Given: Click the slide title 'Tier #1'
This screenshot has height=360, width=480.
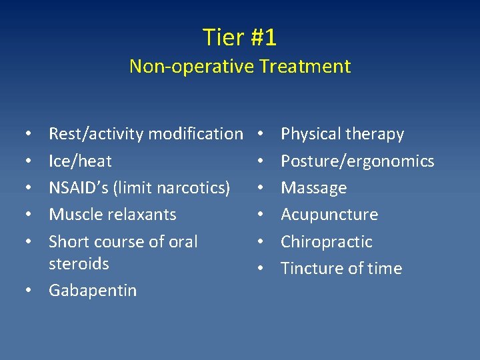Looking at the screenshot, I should (239, 37).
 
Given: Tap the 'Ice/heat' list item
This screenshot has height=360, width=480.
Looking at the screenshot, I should (80, 161).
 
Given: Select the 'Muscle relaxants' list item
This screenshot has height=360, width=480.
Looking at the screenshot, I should (113, 214).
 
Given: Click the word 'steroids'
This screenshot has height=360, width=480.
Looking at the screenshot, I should (79, 263).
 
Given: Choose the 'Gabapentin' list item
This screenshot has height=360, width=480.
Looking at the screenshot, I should (93, 290).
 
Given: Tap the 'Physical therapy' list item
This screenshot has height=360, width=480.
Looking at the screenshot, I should (342, 134).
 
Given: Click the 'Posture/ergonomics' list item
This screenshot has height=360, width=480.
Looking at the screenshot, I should (357, 161).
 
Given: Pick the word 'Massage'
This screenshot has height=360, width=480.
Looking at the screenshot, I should (313, 187).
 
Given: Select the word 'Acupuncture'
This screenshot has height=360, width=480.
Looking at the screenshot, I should (329, 214).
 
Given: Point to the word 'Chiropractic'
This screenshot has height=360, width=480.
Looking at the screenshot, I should (327, 241).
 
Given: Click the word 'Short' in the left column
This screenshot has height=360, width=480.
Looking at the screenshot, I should (67, 241).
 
